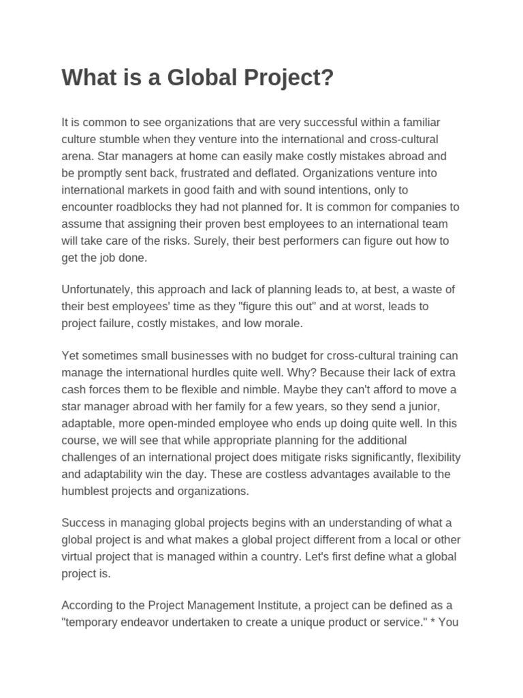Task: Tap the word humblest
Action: pyautogui.click(x=89, y=490)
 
